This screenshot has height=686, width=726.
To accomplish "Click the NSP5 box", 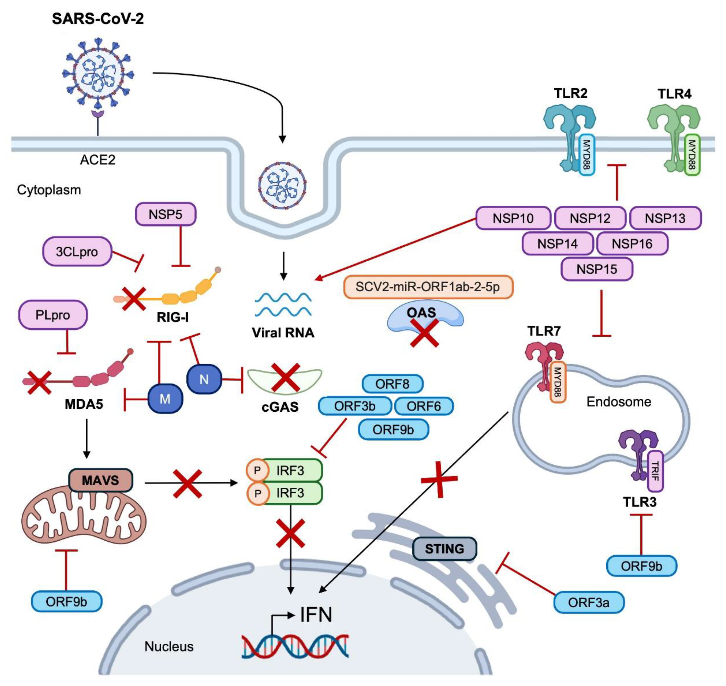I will tap(165, 214).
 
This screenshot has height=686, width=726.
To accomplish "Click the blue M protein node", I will tap(165, 399).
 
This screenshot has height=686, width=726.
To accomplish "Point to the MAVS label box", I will tap(100, 480).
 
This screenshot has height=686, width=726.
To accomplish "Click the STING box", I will tap(444, 549).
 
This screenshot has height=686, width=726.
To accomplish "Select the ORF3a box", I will tap(589, 602).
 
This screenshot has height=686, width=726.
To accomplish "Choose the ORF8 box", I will tap(392, 384).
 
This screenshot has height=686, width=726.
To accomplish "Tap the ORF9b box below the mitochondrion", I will tap(66, 601).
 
